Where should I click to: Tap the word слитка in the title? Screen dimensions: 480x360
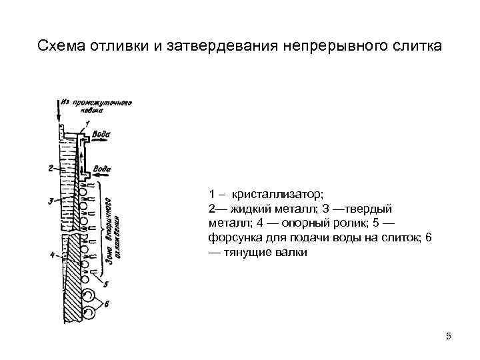417,47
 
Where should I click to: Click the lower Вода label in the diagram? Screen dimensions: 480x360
102,169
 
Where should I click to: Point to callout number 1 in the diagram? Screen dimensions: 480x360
87,124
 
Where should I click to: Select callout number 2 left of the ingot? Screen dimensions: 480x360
51,169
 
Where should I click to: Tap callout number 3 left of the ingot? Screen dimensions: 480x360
51,201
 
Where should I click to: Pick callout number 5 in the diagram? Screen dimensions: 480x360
107,284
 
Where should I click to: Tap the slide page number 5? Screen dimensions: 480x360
449,336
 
